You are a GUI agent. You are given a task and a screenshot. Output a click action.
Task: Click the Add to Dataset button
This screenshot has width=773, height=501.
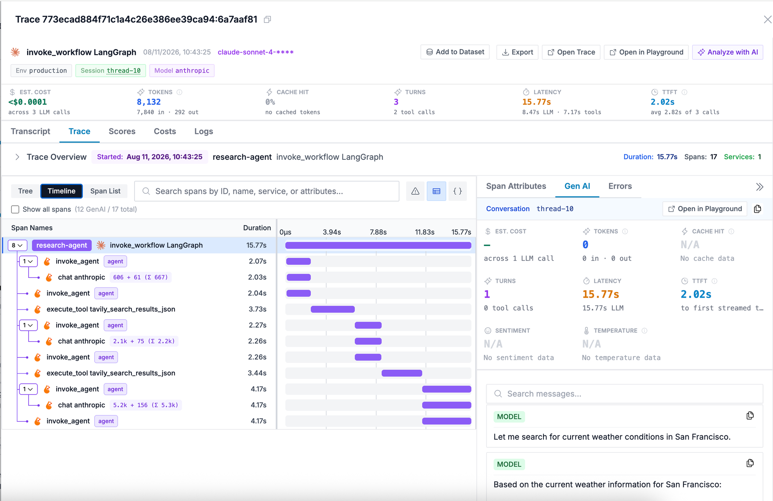[455, 52]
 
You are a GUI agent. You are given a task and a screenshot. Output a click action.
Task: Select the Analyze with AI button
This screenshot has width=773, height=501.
[727, 52]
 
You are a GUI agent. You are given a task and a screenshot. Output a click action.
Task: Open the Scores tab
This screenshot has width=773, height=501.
[122, 131]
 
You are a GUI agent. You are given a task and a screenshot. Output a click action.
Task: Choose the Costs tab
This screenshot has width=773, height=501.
[165, 131]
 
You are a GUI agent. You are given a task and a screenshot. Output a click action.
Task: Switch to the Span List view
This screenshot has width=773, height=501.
[106, 191]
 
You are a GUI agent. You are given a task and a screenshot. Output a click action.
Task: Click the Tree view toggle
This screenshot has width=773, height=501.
[26, 191]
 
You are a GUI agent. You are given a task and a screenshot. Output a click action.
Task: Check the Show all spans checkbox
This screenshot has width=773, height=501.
[15, 209]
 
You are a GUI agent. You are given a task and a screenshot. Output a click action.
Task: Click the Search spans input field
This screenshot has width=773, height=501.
[267, 191]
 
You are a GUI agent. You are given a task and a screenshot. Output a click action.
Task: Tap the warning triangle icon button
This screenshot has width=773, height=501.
[415, 191]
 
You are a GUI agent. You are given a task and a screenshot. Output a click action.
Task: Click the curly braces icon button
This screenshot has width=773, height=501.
[458, 191]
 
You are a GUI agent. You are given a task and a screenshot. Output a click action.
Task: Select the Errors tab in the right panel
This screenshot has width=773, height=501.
[620, 186]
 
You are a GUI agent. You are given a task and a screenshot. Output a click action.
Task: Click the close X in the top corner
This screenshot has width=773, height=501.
[768, 19]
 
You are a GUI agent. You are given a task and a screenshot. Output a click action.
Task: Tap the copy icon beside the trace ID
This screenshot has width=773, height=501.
[267, 19]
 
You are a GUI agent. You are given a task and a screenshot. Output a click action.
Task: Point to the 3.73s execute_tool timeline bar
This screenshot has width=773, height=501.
[333, 309]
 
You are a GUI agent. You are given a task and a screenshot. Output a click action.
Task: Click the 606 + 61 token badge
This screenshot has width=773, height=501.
[141, 277]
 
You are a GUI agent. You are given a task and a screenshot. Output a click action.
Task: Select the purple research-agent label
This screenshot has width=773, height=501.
[62, 245]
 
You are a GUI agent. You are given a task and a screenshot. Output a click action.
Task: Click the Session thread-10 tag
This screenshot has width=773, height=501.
[111, 71]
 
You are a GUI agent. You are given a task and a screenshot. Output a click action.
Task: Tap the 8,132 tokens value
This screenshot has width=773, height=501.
[149, 102]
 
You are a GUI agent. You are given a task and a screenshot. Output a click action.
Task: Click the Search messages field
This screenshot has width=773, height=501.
[625, 394]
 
